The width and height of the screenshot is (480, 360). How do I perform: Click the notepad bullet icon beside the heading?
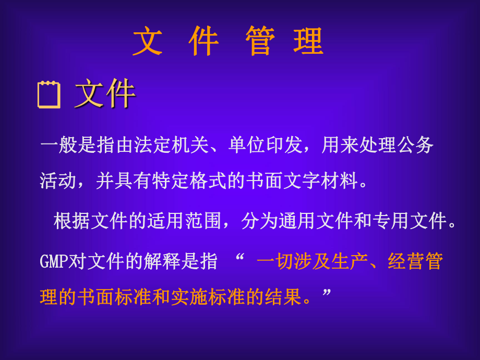49,95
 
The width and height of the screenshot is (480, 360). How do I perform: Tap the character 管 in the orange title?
260,41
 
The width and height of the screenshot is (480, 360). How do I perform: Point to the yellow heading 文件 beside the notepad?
105,94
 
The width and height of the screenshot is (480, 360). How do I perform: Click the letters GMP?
54,261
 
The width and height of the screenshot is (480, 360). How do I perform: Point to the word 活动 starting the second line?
58,181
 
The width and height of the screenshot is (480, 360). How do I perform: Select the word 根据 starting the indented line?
72,221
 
